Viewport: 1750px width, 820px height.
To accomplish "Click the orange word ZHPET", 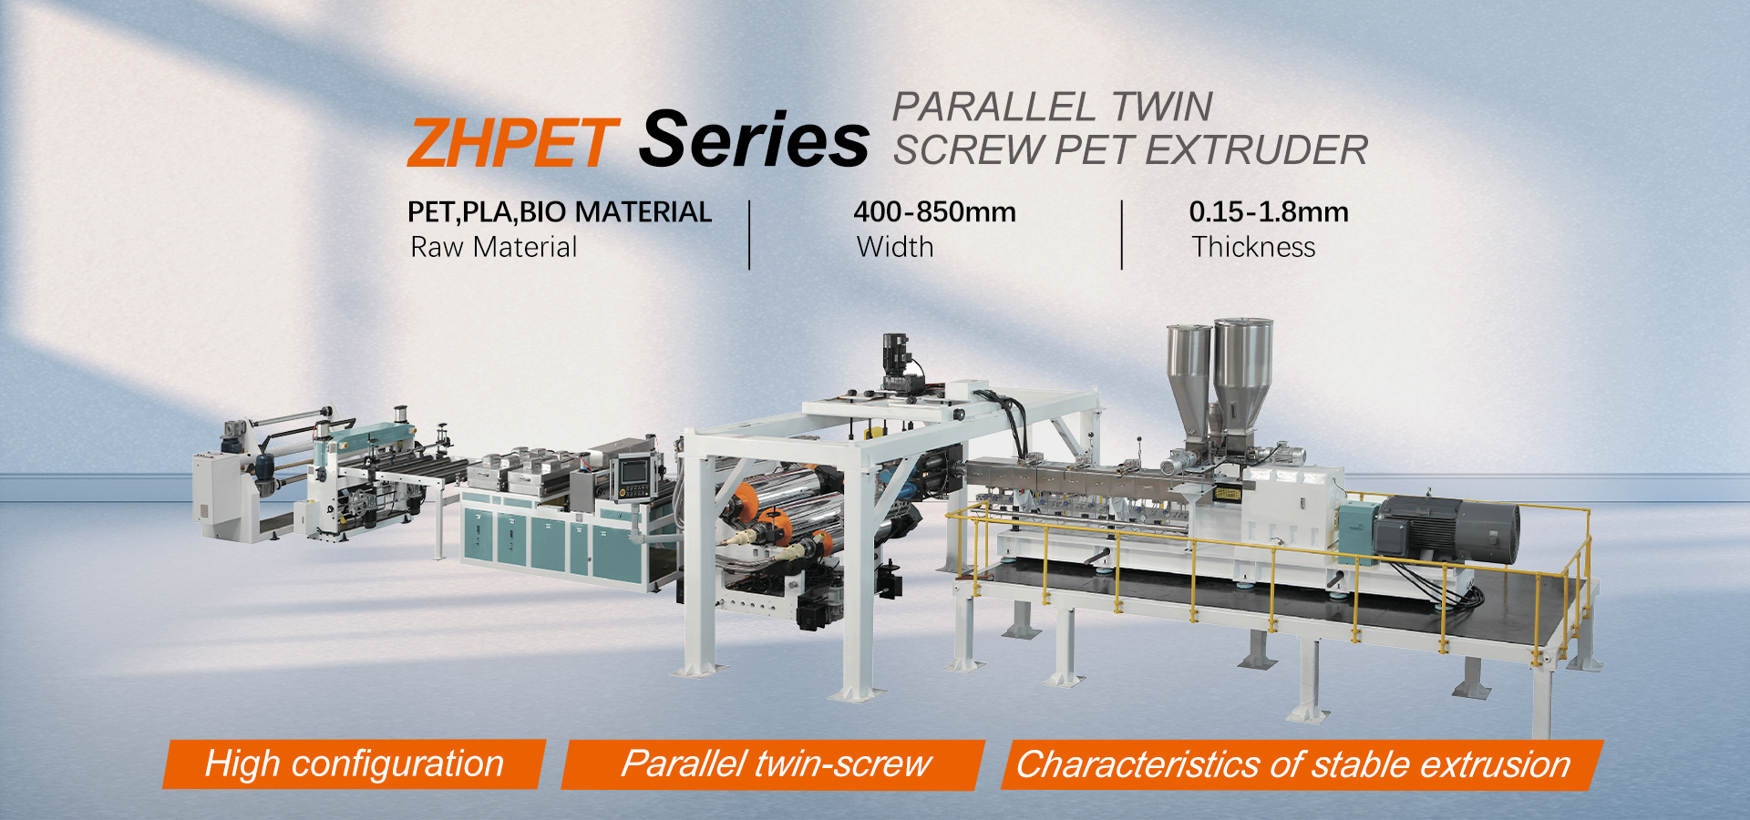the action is (512, 143).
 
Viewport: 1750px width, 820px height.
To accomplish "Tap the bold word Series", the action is (754, 138).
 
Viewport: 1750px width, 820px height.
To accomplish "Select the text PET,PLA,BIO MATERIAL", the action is (560, 212).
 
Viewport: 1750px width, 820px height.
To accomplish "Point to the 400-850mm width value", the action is (934, 212).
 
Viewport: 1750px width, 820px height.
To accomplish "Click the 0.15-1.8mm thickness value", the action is (1269, 212).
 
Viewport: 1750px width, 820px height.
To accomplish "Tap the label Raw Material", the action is (494, 247).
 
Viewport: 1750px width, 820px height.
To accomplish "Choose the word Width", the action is (895, 247).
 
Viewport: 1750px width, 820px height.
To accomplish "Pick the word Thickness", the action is (1254, 247).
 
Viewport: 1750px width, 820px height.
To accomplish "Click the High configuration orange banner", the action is (355, 764).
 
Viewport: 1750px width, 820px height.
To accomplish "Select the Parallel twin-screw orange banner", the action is (774, 764).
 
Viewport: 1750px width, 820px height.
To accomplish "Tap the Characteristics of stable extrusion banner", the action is (1302, 764).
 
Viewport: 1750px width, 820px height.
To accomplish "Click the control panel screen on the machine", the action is (633, 471).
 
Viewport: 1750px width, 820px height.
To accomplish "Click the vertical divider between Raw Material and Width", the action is (749, 235).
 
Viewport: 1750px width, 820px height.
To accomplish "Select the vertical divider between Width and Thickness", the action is (1122, 235).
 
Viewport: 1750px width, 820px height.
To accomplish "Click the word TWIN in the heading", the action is (1161, 107).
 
